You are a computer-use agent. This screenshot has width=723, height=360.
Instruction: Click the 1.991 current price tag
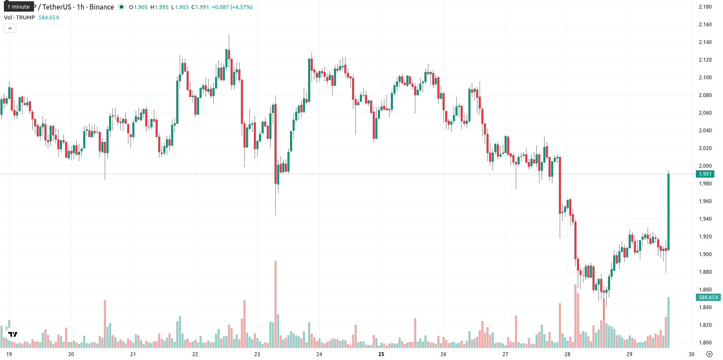click(705, 174)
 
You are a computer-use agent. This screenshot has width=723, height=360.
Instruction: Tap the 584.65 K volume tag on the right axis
click(708, 297)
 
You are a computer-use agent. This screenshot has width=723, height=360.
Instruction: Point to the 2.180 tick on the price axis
click(705, 7)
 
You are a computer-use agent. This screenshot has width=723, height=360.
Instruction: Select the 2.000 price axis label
click(705, 166)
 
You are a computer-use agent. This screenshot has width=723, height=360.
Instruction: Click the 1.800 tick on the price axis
click(705, 343)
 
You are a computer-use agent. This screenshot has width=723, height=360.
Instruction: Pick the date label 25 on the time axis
click(381, 354)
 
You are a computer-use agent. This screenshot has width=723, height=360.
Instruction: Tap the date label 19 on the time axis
click(9, 354)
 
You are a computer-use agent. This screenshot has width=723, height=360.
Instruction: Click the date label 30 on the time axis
click(692, 354)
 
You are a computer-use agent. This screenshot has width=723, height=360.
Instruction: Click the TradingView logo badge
click(13, 334)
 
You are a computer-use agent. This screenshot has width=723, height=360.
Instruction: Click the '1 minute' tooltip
click(19, 6)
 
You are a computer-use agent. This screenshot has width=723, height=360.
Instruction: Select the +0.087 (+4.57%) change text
click(232, 7)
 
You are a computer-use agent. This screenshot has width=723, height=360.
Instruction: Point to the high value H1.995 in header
click(159, 7)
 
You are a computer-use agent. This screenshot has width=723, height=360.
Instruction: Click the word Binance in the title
click(102, 7)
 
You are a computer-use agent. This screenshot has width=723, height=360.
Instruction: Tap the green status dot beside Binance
click(122, 7)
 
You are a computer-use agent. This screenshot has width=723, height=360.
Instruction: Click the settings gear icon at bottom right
click(710, 354)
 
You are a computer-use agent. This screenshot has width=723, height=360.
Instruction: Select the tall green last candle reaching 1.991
click(668, 212)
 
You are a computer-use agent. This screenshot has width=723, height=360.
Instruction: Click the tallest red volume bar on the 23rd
click(276, 304)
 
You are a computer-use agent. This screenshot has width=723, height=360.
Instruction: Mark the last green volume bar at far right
click(668, 322)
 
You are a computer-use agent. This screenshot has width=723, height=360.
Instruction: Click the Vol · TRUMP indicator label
click(19, 17)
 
